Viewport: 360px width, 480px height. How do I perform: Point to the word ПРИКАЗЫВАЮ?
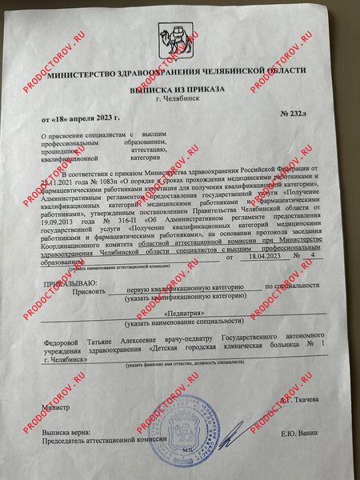66,284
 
